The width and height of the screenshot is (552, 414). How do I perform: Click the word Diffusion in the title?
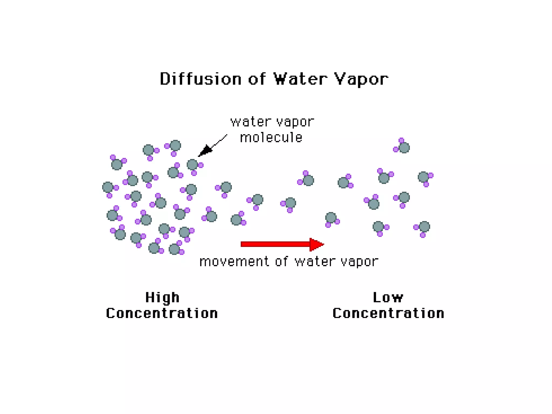point(201,79)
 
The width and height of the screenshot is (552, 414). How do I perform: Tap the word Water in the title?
point(300,79)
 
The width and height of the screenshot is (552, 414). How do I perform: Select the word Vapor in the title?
point(361,80)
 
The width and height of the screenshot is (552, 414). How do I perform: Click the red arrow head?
point(316,244)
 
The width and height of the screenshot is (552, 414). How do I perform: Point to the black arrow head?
point(205,150)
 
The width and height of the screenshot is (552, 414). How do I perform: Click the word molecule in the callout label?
point(271,138)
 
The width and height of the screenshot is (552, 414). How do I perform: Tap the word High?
point(162,298)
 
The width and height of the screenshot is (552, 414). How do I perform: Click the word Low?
point(388,298)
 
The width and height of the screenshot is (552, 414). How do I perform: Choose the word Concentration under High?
point(162,313)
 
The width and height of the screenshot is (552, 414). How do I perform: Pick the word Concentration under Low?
point(388,313)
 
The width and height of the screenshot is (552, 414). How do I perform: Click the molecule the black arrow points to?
point(192,165)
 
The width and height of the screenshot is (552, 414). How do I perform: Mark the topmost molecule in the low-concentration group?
point(403,147)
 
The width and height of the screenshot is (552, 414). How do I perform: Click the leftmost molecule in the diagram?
point(108,187)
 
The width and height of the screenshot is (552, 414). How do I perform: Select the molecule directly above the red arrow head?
point(331,218)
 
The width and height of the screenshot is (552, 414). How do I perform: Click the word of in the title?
point(257,79)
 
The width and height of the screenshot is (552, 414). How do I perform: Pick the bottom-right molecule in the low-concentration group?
point(424,227)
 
